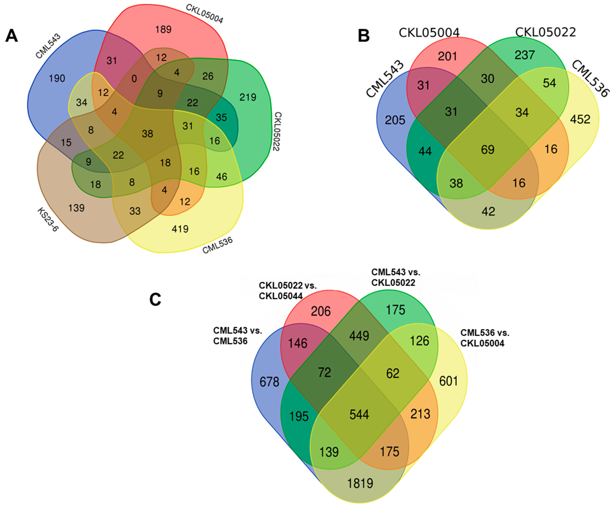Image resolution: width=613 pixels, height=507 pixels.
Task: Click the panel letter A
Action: tap(12, 36)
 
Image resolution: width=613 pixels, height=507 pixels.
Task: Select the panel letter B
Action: tap(364, 36)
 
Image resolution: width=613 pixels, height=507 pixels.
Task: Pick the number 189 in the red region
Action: tap(163, 30)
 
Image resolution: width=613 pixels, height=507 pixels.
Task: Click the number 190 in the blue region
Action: tap(57, 78)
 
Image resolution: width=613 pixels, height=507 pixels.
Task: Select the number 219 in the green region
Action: tap(248, 97)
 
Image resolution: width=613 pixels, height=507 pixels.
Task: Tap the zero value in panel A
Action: tap(134, 79)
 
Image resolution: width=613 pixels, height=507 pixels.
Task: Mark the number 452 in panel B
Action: tap(580, 119)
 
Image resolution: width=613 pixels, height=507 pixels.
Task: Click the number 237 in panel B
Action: tap(525, 55)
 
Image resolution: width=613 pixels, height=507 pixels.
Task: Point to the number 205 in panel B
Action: tap(395, 120)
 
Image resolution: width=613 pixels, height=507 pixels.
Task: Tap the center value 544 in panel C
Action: tap(359, 415)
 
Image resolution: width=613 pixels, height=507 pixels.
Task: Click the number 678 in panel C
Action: tap(269, 382)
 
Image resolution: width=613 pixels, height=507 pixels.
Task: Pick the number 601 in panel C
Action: tap(449, 381)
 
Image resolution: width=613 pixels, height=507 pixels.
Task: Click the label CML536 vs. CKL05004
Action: tap(485, 338)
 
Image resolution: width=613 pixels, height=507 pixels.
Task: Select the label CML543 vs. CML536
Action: tap(237, 336)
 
